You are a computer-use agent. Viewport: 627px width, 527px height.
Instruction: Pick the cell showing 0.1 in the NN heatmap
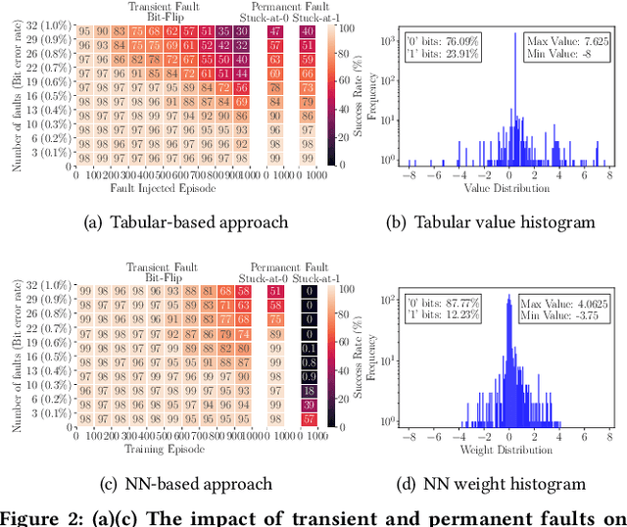pyautogui.click(x=309, y=348)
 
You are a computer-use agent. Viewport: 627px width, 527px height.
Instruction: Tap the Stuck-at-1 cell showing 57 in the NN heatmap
pyautogui.click(x=309, y=419)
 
